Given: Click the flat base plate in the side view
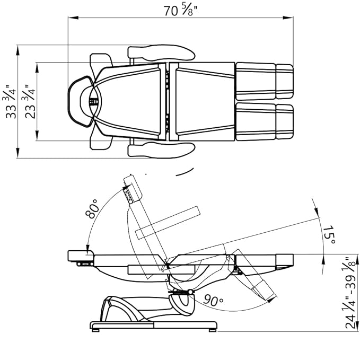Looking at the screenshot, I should (154, 325).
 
